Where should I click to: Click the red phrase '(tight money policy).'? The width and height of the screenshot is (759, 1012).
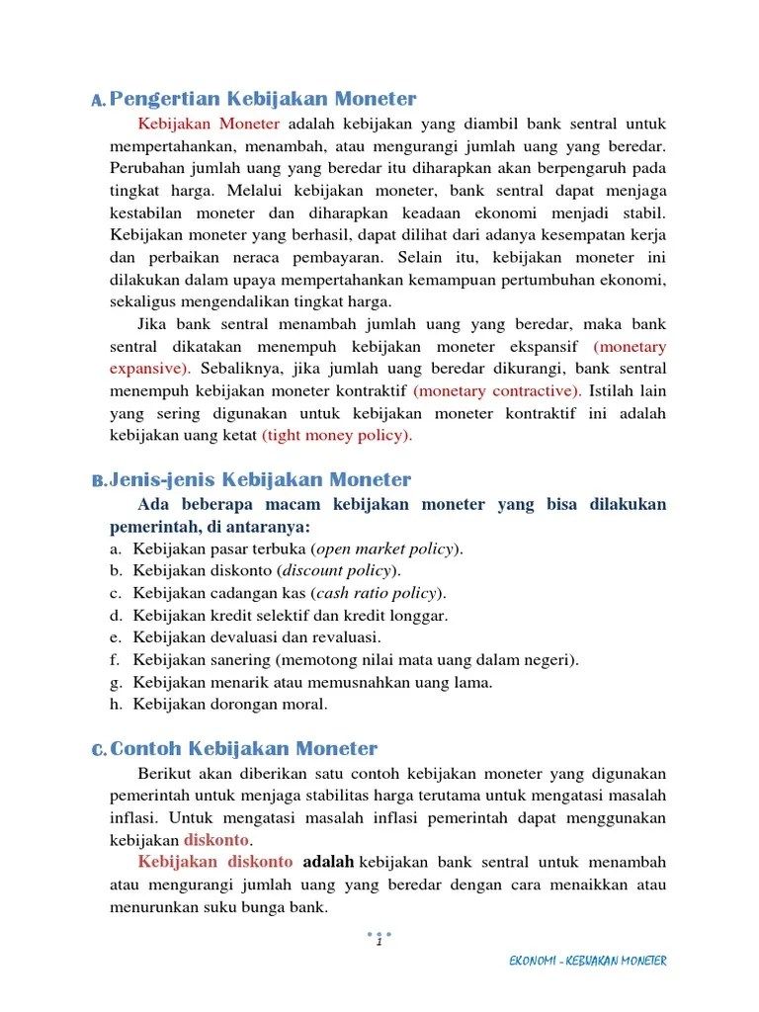(x=337, y=435)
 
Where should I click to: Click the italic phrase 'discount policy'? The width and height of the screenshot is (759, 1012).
(x=338, y=570)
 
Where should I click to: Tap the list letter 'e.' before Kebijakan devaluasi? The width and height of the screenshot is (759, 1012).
(x=116, y=637)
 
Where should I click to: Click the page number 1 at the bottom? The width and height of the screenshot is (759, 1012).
(x=379, y=942)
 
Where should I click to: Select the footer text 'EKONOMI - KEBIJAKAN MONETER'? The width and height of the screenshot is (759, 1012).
(x=587, y=961)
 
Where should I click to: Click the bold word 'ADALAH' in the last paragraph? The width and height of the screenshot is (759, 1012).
(x=328, y=862)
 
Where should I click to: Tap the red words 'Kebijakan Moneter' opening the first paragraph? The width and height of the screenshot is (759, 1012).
(x=210, y=125)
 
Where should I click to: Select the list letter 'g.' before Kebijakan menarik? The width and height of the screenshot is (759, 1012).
(x=116, y=682)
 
